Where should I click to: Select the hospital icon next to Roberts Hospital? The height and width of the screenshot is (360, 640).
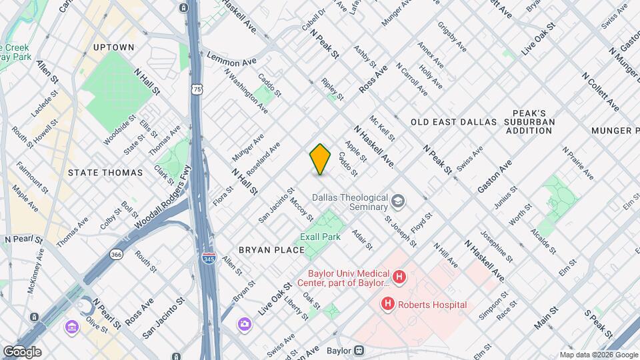click(387, 304)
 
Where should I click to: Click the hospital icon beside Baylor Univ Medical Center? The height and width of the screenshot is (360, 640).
click(399, 277)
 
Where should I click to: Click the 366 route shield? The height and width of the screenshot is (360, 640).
click(116, 254)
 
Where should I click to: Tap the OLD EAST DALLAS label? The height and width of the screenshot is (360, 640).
click(453, 122)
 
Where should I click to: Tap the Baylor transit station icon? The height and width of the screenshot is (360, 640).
click(359, 349)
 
